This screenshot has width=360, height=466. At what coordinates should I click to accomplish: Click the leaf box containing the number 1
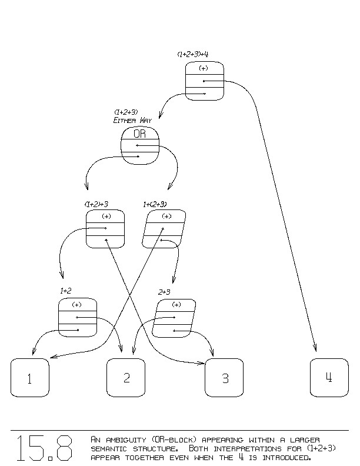click(29, 377)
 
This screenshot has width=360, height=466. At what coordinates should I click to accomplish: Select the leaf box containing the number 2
click(126, 377)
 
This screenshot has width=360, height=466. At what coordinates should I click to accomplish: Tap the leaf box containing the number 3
click(224, 377)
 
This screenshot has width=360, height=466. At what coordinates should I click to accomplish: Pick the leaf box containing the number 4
click(329, 377)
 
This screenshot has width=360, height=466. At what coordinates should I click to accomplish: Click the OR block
click(140, 146)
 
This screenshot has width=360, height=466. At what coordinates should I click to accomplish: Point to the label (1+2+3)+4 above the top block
click(193, 54)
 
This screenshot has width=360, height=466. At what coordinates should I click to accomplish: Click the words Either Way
click(132, 120)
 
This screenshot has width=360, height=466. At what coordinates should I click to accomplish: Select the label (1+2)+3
click(96, 204)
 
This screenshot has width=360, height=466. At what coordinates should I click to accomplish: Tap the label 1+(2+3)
click(155, 204)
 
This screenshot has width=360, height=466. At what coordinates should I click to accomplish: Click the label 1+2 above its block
click(66, 291)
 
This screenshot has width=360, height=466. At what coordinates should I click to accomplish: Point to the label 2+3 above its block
click(164, 291)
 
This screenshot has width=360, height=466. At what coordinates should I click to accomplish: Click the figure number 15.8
click(44, 448)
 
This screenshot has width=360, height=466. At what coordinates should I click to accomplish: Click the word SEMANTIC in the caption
click(111, 448)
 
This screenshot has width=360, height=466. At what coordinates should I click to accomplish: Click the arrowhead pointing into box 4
click(315, 348)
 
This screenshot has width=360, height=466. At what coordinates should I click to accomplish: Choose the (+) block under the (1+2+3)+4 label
click(205, 81)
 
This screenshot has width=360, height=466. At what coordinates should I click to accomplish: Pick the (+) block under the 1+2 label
click(78, 318)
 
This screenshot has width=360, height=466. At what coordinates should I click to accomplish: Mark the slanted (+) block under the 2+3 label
click(174, 318)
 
